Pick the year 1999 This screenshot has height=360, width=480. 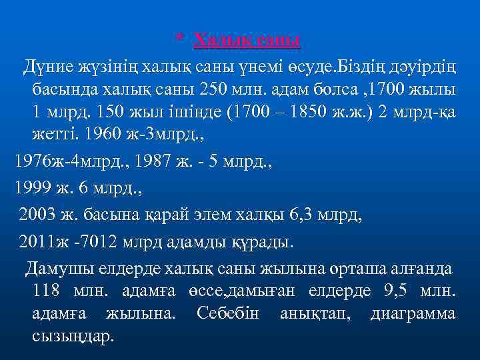(x=33, y=187)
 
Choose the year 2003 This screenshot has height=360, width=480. (x=37, y=214)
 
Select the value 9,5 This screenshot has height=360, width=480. (x=401, y=291)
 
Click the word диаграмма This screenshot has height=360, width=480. (x=413, y=313)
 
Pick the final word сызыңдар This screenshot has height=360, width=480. (x=73, y=335)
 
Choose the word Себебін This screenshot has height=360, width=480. (x=227, y=313)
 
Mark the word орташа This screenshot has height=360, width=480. (x=353, y=268)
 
